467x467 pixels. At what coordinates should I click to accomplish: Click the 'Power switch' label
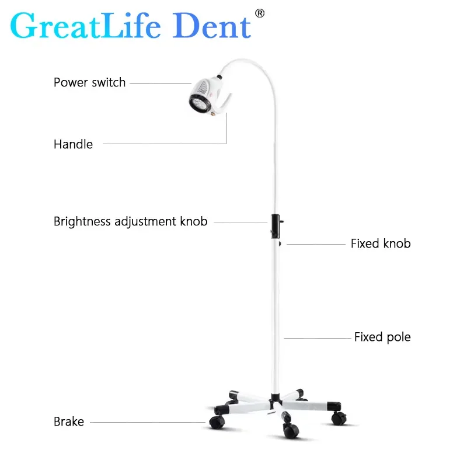[x=89, y=82]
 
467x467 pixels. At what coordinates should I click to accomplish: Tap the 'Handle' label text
[x=73, y=144]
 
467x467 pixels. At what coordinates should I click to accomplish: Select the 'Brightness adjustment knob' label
[x=130, y=222]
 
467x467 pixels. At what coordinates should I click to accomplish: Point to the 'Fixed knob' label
[x=380, y=243]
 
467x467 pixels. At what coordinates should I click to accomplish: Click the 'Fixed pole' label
[x=382, y=337]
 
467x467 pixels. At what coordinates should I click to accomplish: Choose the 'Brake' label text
[x=69, y=421]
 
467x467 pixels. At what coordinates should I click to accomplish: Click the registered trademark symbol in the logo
[x=260, y=13]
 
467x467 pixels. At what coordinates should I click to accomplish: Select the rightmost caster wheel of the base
[x=337, y=418]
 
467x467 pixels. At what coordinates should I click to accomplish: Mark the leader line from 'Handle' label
[x=169, y=144]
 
